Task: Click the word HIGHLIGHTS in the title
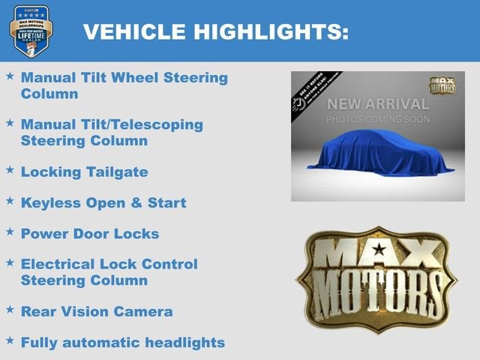point(274,31)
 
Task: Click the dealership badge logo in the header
point(31,31)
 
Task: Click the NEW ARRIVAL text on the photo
point(378,104)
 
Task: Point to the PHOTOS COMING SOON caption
point(378,120)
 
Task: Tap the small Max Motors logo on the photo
point(442,85)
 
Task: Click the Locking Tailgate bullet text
point(84,172)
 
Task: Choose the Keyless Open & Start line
point(103,202)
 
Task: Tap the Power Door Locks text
point(90,233)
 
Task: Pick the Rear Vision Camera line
point(97,311)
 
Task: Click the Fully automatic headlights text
point(123,343)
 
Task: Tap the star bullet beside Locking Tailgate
point(10,170)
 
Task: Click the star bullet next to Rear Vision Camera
point(10,310)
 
